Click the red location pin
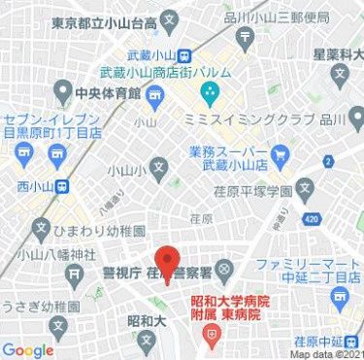pyautogui.click(x=169, y=263)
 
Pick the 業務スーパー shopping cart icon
pyautogui.click(x=281, y=153)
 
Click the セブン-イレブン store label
pyautogui.click(x=49, y=123)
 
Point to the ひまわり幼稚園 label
pyautogui.click(x=97, y=232)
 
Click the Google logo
pyautogui.click(x=27, y=349)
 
